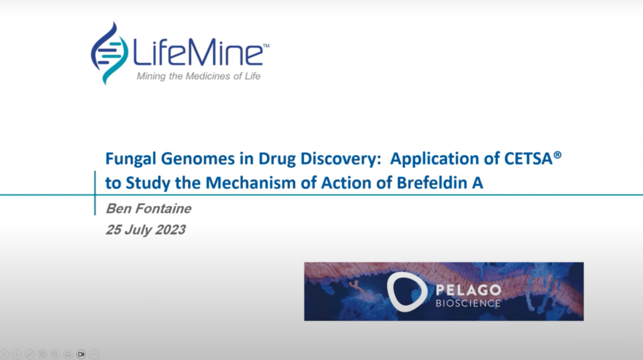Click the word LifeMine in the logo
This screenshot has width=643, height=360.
[x=196, y=53]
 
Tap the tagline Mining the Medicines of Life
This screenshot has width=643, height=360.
[x=198, y=77]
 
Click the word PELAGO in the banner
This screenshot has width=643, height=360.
[x=468, y=290]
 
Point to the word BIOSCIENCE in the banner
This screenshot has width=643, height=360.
[x=468, y=303]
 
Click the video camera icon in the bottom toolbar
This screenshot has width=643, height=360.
[x=81, y=354]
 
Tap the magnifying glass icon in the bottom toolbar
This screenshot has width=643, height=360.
[x=56, y=354]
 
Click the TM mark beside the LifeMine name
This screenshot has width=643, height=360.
[x=266, y=46]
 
